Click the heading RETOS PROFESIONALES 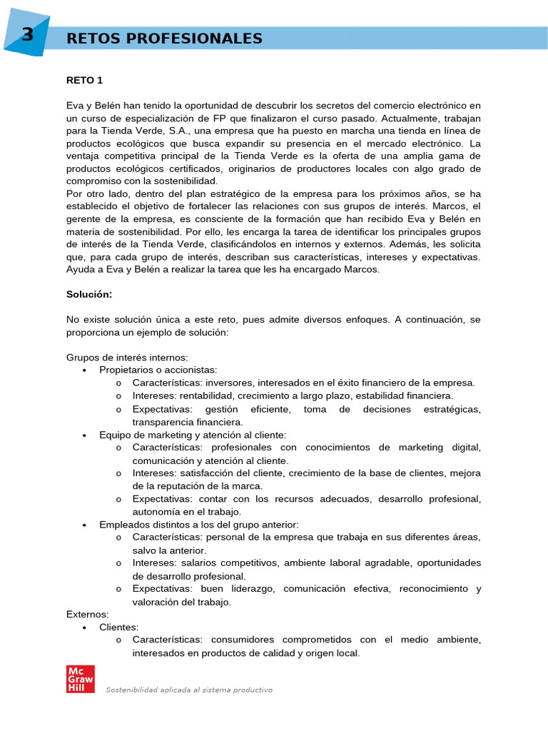pyautogui.click(x=164, y=39)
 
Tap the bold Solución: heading pyautogui.click(x=89, y=293)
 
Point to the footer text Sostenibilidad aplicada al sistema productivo pyautogui.click(x=189, y=690)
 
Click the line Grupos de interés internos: pyautogui.click(x=127, y=357)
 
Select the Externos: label pyautogui.click(x=87, y=614)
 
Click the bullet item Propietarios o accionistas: pyautogui.click(x=158, y=370)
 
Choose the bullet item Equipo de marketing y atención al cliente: pyautogui.click(x=193, y=434)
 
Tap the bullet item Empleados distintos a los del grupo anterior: pyautogui.click(x=199, y=524)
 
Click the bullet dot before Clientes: pyautogui.click(x=84, y=627)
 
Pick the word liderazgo pyautogui.click(x=253, y=589)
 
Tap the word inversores pyautogui.click(x=225, y=383)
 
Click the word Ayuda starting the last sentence pyautogui.click(x=80, y=269)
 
